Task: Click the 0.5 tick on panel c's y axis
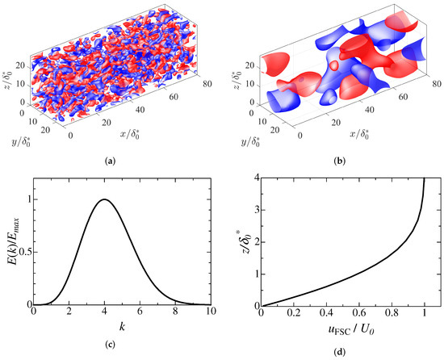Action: tap(23, 253)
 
